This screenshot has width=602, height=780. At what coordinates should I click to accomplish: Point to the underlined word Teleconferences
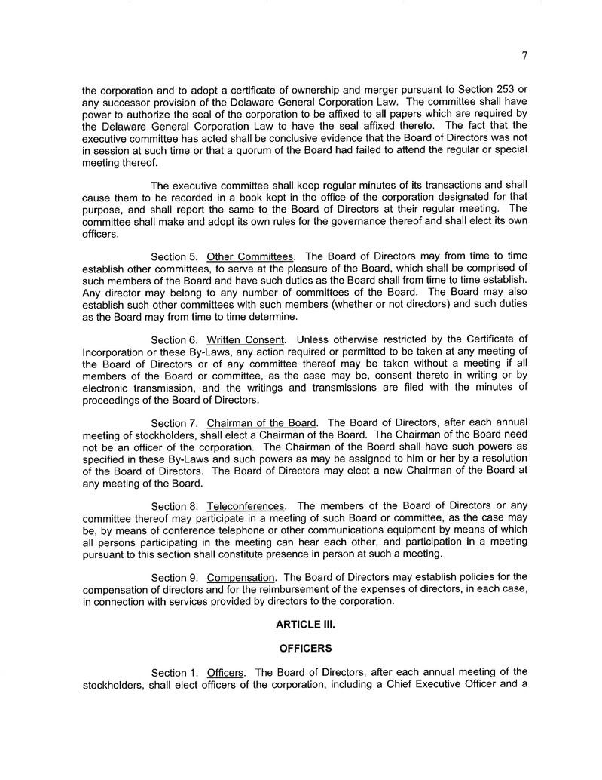click(246, 505)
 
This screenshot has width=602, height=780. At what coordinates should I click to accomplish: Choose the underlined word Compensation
click(240, 577)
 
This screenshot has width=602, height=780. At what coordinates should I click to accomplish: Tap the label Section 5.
click(174, 256)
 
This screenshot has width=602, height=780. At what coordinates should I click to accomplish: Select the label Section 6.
click(174, 339)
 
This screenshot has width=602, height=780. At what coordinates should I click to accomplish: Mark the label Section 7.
click(174, 422)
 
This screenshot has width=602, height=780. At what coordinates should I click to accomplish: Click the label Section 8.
click(174, 505)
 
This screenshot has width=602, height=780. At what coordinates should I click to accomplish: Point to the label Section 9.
click(174, 577)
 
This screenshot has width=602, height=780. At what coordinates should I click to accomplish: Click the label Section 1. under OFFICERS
click(174, 672)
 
